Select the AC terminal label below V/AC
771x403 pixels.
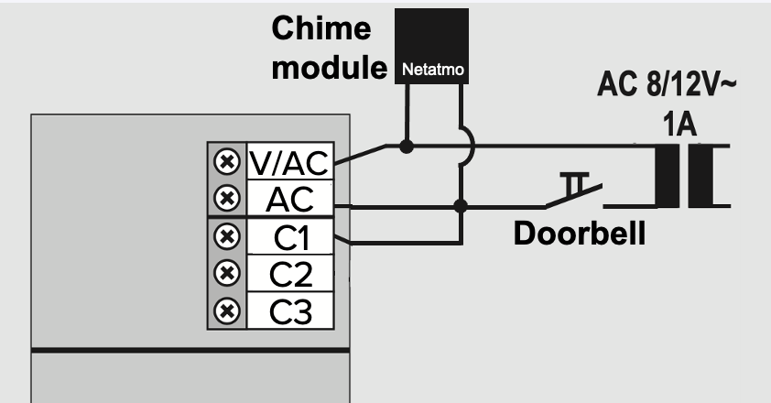click(x=290, y=199)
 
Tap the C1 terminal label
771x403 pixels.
click(x=290, y=239)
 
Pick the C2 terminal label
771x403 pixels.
click(x=290, y=274)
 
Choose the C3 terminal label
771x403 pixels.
click(x=290, y=310)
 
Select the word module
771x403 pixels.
click(x=327, y=68)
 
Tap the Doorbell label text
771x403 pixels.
click(x=579, y=233)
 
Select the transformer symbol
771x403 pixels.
click(x=688, y=177)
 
